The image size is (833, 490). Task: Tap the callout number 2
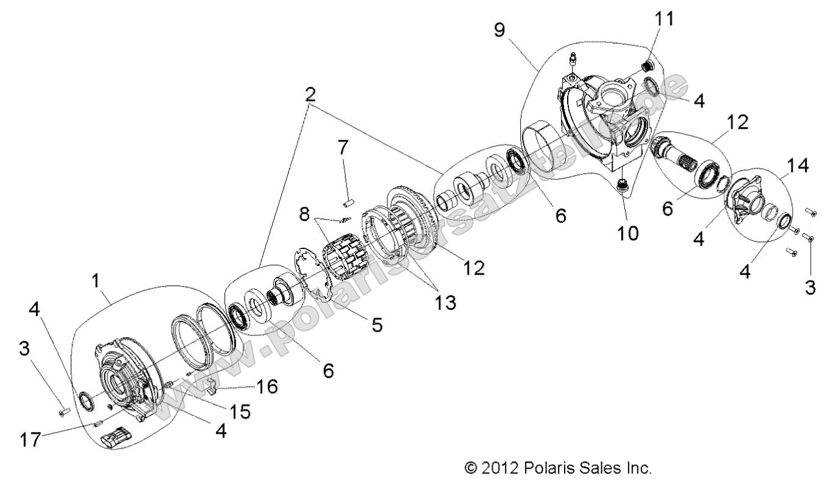point(310,95)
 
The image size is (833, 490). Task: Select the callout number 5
point(377,325)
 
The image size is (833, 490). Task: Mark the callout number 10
point(628,232)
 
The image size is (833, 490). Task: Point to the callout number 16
point(266,386)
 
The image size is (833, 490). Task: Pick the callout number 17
point(25,440)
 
